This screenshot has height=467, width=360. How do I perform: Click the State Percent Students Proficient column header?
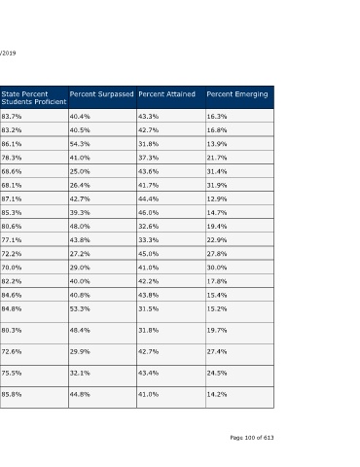coord(34,97)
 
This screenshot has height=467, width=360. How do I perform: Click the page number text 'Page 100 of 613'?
coord(252,438)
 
